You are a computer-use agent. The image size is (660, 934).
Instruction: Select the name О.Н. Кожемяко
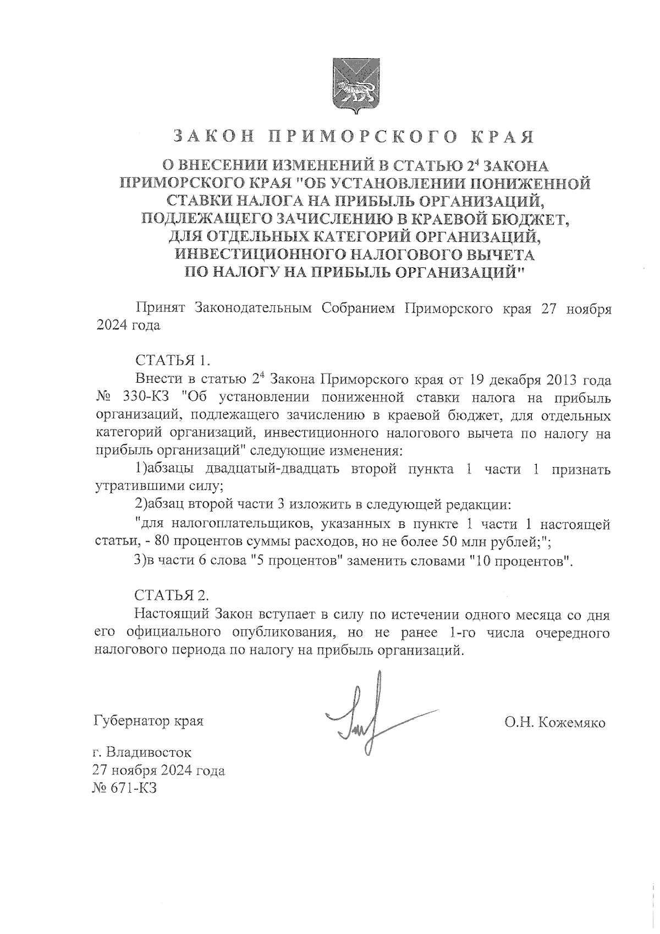click(x=554, y=722)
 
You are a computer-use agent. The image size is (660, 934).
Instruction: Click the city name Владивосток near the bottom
click(x=149, y=751)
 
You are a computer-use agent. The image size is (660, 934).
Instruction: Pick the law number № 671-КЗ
click(x=126, y=788)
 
